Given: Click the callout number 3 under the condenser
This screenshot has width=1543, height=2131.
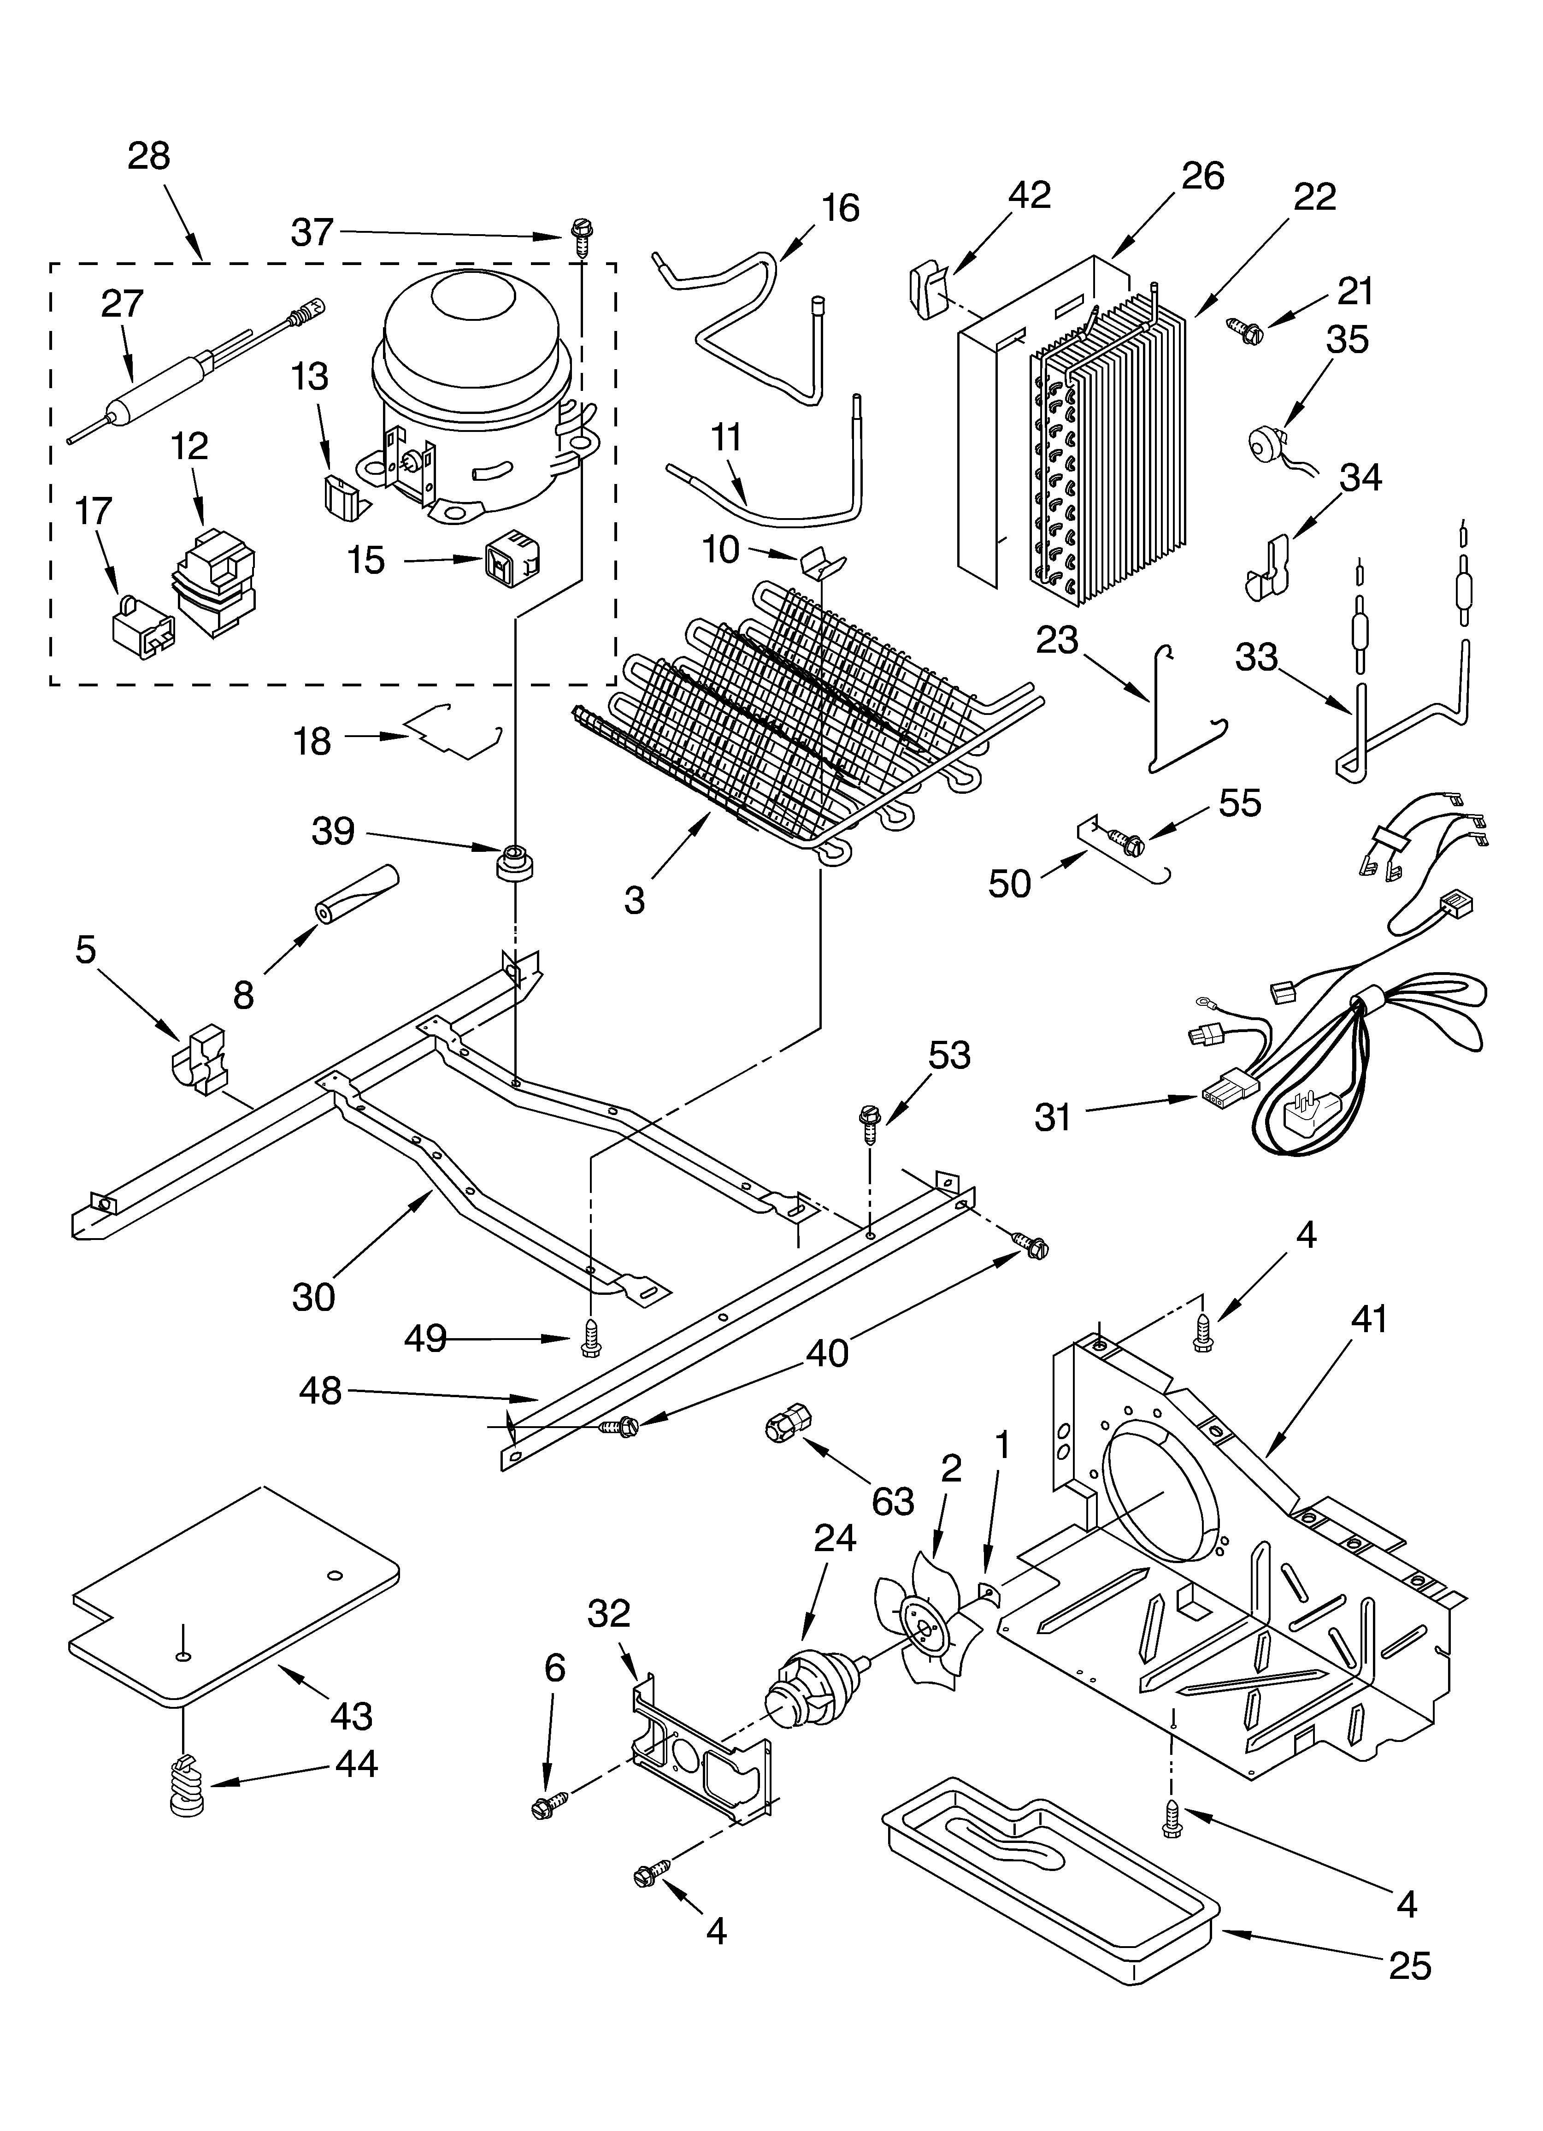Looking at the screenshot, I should pos(635,900).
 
